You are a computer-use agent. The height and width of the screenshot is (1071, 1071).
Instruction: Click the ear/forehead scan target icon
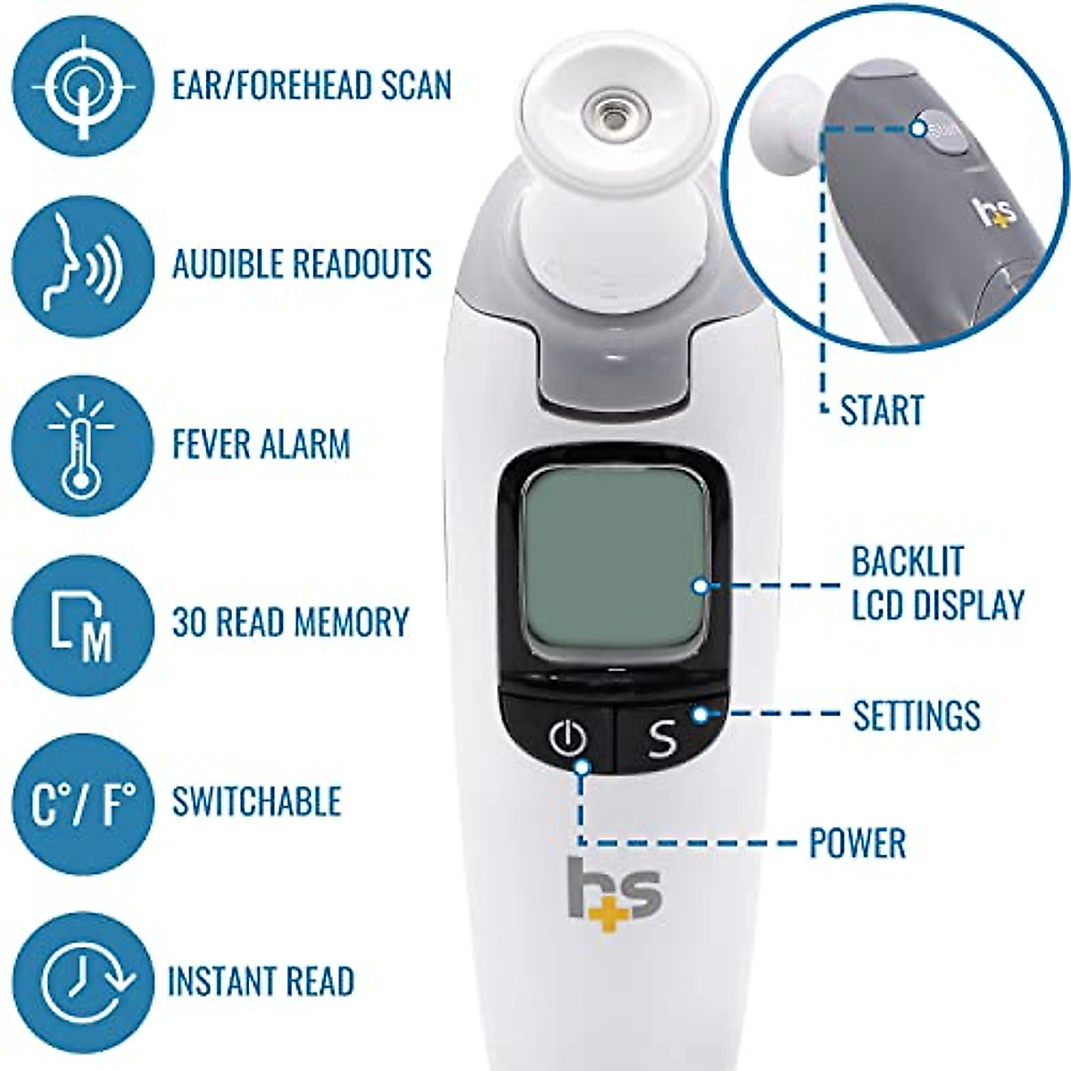click(82, 87)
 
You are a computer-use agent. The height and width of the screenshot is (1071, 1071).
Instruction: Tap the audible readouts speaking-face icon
click(82, 265)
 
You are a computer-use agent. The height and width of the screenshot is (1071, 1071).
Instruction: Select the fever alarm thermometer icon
click(82, 444)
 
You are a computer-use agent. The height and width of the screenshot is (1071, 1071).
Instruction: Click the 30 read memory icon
click(82, 623)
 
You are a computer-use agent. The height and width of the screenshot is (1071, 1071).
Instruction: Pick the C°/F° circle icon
click(82, 801)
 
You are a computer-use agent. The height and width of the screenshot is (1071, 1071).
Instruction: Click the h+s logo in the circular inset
click(994, 212)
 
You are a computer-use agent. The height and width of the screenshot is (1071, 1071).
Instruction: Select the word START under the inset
click(882, 411)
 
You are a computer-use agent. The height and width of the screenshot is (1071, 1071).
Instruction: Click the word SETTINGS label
click(917, 715)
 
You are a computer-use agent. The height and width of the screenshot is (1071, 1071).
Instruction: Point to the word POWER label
click(857, 843)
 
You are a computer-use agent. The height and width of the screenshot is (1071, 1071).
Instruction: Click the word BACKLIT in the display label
click(908, 561)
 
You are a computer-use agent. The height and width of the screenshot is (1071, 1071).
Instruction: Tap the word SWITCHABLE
click(257, 801)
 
